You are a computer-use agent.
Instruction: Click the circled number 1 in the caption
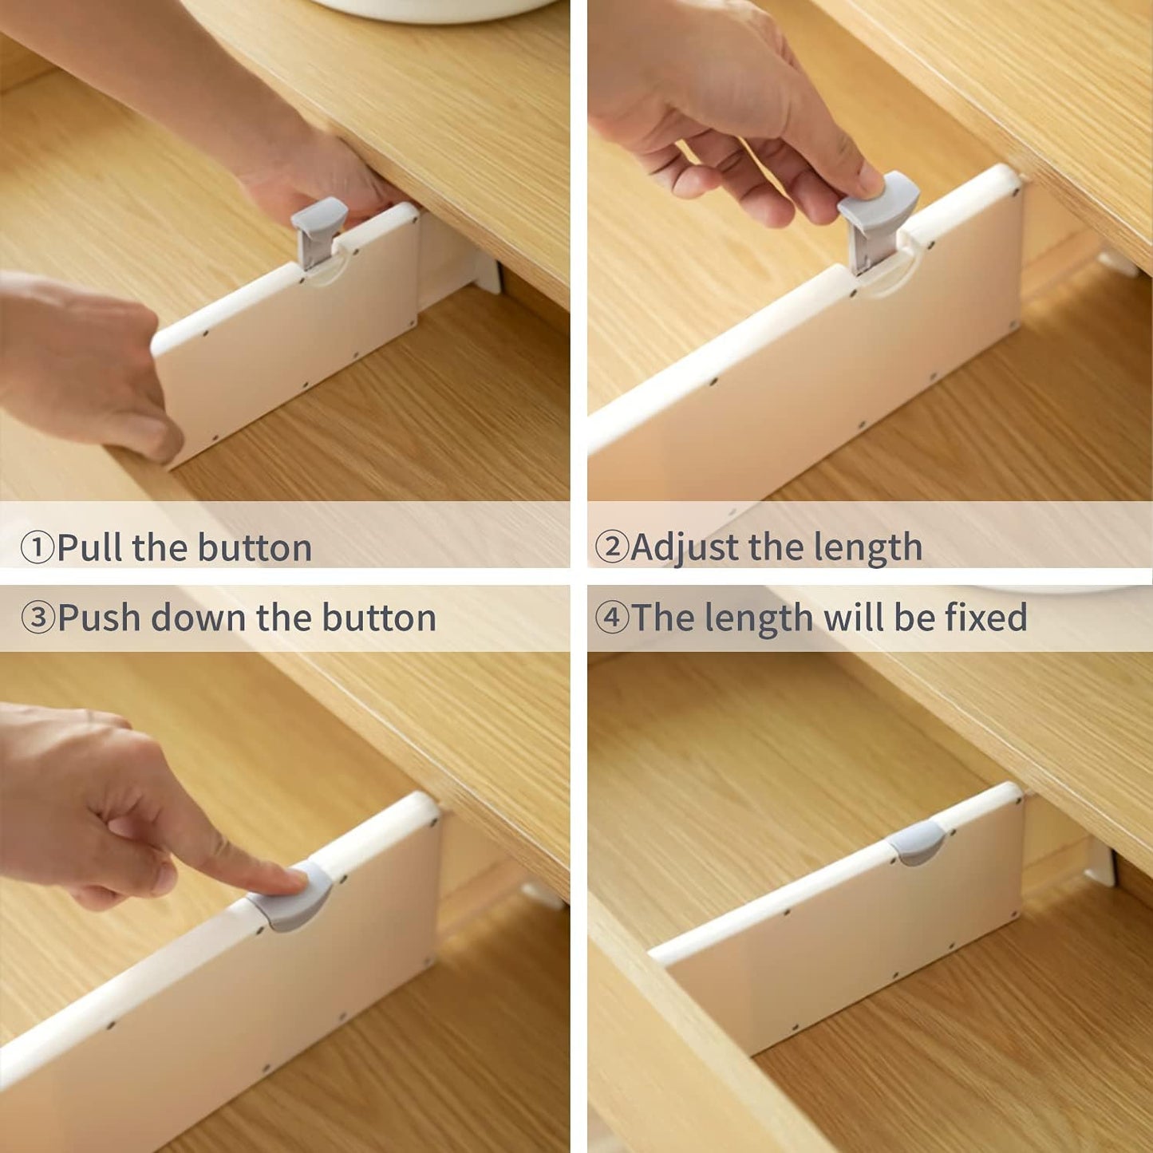(37, 547)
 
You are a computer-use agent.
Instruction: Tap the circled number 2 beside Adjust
(611, 547)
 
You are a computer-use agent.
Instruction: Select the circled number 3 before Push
(37, 617)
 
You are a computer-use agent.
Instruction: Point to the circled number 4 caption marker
(611, 617)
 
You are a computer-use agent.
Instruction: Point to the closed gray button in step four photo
(917, 843)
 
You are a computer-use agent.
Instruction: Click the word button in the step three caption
(379, 617)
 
